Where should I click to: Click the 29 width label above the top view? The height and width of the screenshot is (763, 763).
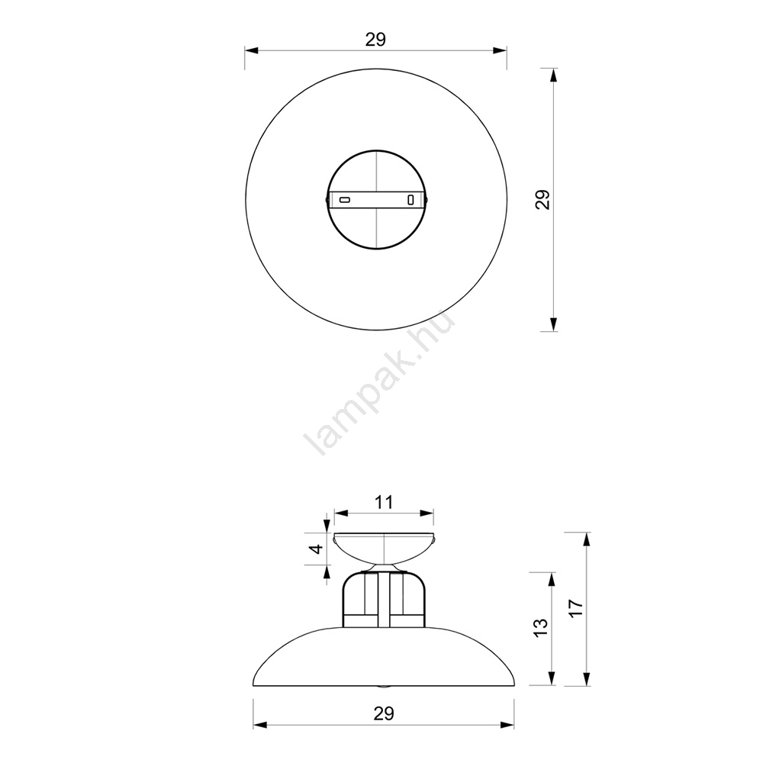375,40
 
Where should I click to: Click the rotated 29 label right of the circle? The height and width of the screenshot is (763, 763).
542,199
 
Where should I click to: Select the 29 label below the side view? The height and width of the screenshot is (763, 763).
384,713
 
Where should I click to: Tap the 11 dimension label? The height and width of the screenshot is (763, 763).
384,502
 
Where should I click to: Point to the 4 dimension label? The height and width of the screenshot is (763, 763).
317,549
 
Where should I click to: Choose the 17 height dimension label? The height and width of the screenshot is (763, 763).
575,608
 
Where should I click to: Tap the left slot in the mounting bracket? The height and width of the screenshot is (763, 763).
345,199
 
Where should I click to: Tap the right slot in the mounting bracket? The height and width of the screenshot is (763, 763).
410,199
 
